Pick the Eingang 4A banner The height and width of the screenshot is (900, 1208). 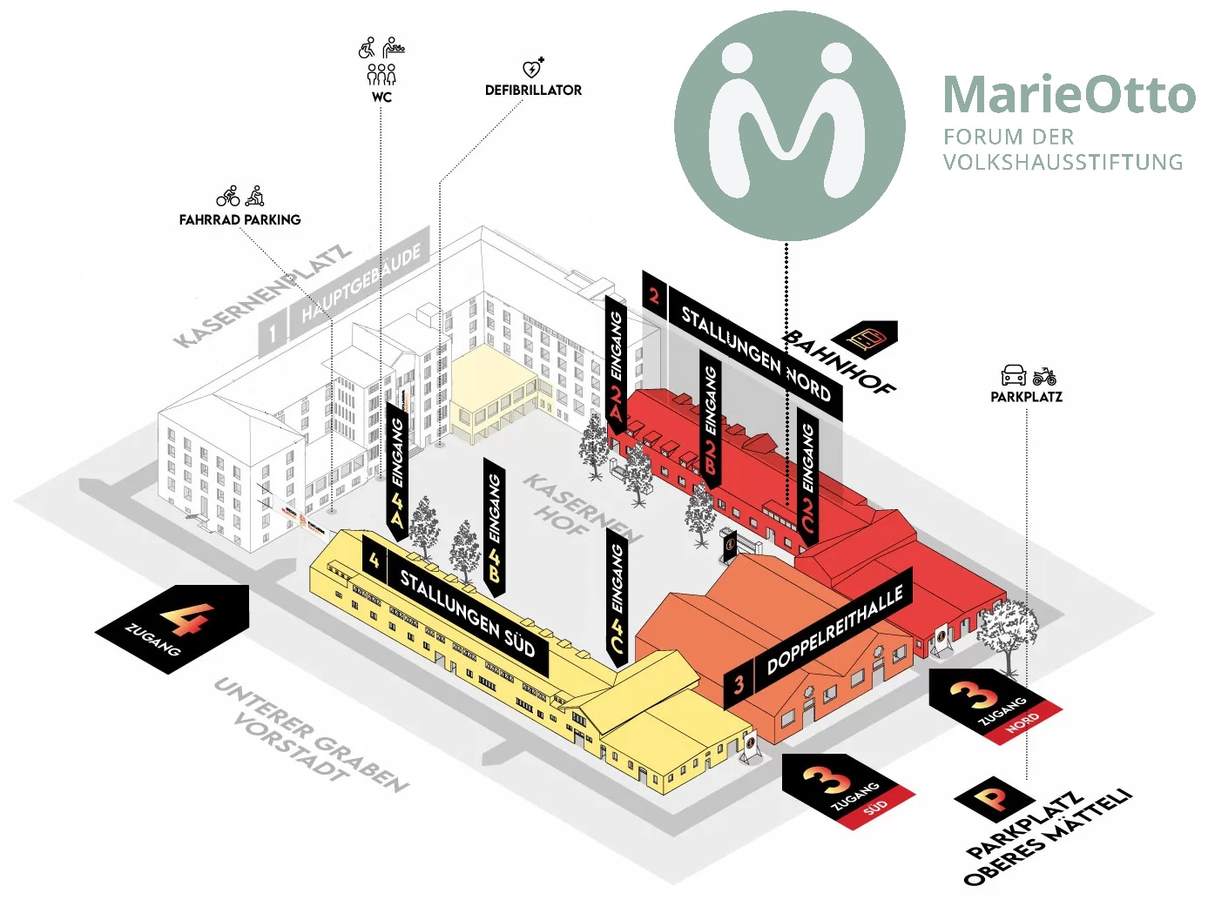click(397, 470)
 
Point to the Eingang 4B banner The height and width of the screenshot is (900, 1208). click(494, 526)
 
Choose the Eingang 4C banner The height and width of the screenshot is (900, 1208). click(617, 596)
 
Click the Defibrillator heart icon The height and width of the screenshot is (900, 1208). click(532, 68)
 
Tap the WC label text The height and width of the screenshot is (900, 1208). click(381, 97)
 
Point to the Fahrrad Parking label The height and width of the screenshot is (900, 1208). click(240, 219)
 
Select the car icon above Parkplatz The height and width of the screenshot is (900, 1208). click(1014, 375)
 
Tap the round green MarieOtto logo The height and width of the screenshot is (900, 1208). click(789, 125)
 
